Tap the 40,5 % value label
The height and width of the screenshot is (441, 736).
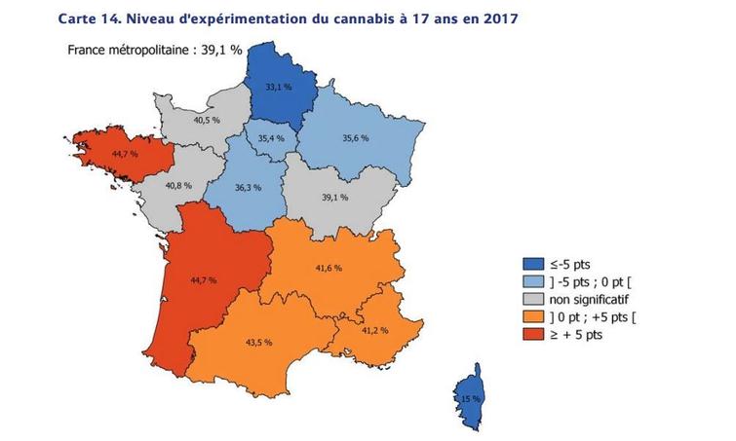(206, 122)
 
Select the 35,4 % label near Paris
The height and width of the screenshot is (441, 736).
(272, 138)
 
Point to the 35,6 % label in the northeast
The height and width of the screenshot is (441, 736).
(355, 138)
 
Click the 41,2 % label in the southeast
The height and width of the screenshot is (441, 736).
(375, 330)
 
